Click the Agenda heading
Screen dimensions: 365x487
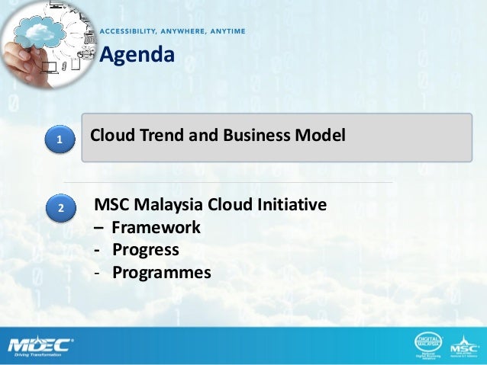[137, 55]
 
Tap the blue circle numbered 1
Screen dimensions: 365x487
[60, 139]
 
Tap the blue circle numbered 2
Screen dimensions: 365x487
[60, 207]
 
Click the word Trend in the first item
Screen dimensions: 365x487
[157, 136]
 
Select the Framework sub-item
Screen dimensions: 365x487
[156, 227]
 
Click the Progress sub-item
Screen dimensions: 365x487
[146, 250]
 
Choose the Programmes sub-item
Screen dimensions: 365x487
[161, 272]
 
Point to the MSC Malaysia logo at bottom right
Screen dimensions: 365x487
[463, 344]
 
